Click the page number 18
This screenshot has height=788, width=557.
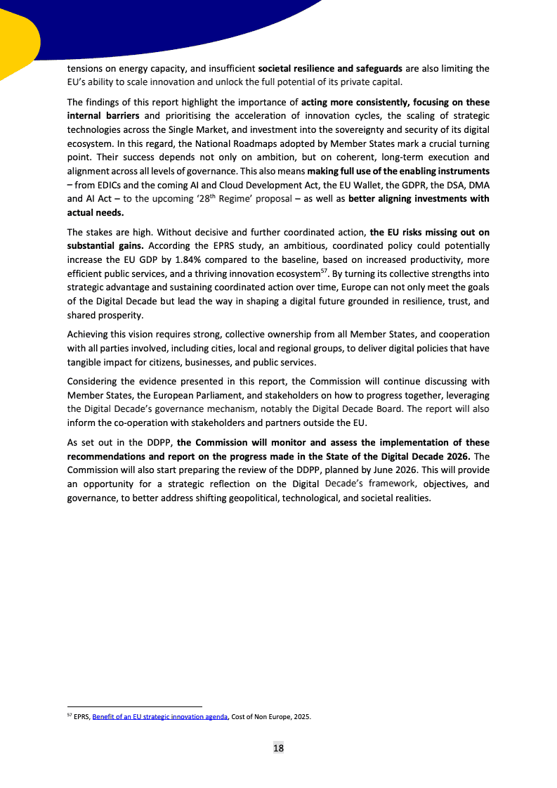(278, 749)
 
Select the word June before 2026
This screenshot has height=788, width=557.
(392, 469)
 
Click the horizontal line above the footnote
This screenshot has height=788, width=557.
(134, 706)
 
